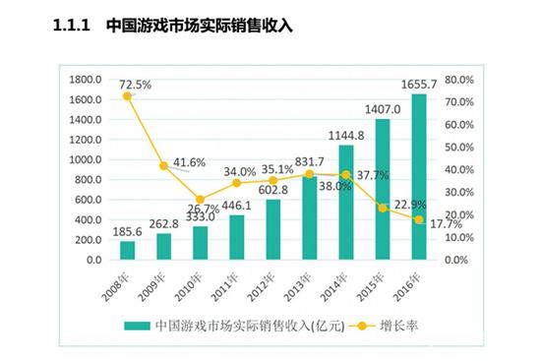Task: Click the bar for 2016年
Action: [x=419, y=177]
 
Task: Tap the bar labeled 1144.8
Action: [x=346, y=203]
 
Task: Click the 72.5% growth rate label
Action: [x=135, y=86]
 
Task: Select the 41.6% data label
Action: [x=189, y=161]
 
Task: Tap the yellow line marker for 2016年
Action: [x=419, y=220]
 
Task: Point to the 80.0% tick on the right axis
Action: [x=460, y=80]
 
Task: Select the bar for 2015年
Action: [x=383, y=190]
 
